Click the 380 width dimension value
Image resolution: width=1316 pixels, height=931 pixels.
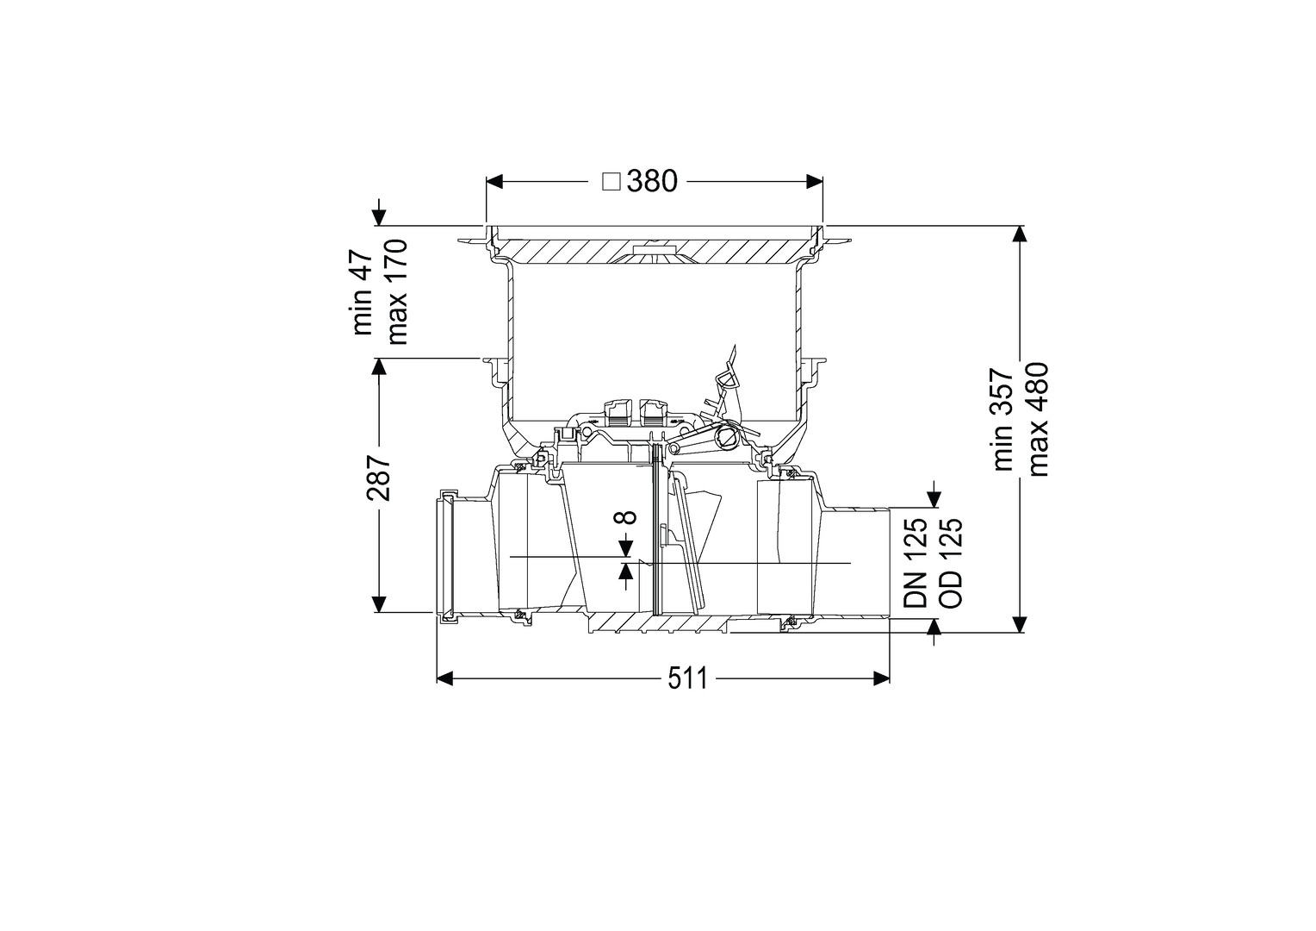tap(652, 182)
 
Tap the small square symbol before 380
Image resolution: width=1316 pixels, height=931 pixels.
tap(611, 182)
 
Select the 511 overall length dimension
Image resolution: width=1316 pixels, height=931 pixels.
tap(688, 680)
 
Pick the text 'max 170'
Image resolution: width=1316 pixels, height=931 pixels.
tap(398, 291)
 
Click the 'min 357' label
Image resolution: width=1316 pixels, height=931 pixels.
tap(1004, 419)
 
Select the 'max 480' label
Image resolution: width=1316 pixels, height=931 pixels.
tap(1039, 419)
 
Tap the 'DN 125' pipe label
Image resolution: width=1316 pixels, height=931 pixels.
tap(916, 562)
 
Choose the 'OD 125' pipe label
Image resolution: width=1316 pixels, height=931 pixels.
tap(951, 562)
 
